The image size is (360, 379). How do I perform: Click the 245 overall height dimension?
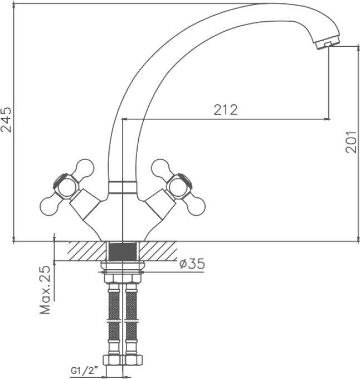click(7, 120)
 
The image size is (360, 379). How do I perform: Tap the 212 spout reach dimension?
click(226, 110)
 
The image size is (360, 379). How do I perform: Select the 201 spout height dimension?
click(351, 142)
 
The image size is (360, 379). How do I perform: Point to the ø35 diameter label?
click(192, 264)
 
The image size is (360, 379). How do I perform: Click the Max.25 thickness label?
click(45, 290)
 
